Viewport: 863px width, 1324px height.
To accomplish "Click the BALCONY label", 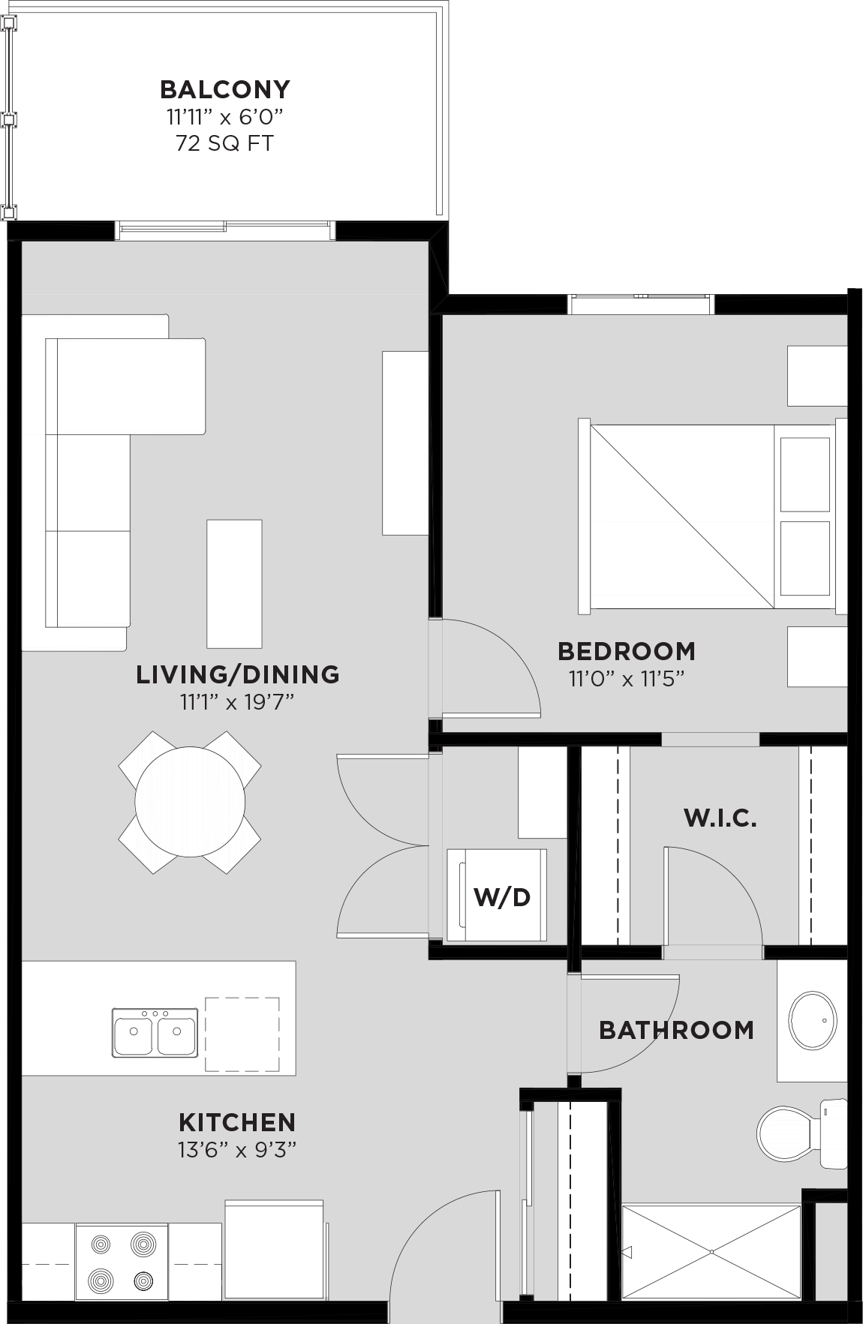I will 224,89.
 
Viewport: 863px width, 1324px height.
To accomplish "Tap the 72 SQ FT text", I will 224,143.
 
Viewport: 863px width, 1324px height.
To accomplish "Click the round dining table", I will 190,802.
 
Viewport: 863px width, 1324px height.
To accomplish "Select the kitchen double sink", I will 155,1032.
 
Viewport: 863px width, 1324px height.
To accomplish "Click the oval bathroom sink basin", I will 812,1021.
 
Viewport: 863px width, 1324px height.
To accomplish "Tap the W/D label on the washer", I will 502,896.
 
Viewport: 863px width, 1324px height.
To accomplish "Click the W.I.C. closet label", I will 720,818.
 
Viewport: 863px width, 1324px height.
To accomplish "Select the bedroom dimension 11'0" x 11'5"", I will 627,680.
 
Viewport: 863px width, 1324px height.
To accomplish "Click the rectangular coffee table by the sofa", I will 234,583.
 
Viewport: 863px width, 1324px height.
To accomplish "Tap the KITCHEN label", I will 237,1122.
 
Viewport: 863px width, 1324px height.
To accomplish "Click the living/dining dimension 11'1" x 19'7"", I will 237,702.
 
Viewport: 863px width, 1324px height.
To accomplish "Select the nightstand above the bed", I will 816,375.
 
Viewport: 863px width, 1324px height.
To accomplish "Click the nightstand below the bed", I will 816,656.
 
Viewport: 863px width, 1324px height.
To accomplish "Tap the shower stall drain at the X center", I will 711,1252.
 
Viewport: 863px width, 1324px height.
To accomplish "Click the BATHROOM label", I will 676,1030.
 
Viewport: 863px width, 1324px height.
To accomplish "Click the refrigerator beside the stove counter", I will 275,1249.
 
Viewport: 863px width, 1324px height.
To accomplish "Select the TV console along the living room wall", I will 404,443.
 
